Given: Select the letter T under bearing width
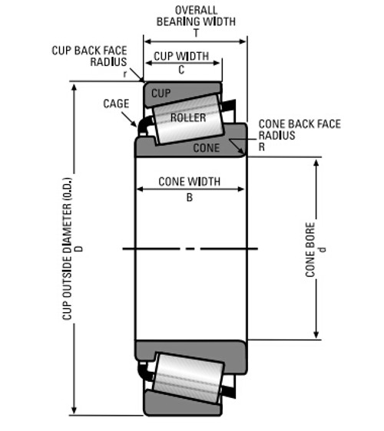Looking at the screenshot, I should pyautogui.click(x=195, y=33).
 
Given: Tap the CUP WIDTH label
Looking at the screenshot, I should pyautogui.click(x=181, y=57).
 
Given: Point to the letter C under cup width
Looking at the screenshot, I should pyautogui.click(x=181, y=69).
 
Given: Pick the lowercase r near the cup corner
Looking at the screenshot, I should pyautogui.click(x=125, y=74).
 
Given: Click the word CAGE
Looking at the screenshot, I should pyautogui.click(x=116, y=104).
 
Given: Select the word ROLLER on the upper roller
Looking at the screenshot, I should pyautogui.click(x=188, y=118).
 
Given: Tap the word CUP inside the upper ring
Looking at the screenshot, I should pyautogui.click(x=161, y=93).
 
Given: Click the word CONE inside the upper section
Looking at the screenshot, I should pyautogui.click(x=207, y=146).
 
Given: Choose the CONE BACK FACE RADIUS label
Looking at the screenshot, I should pyautogui.click(x=299, y=129).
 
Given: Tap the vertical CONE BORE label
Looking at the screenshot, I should pyautogui.click(x=310, y=250).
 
